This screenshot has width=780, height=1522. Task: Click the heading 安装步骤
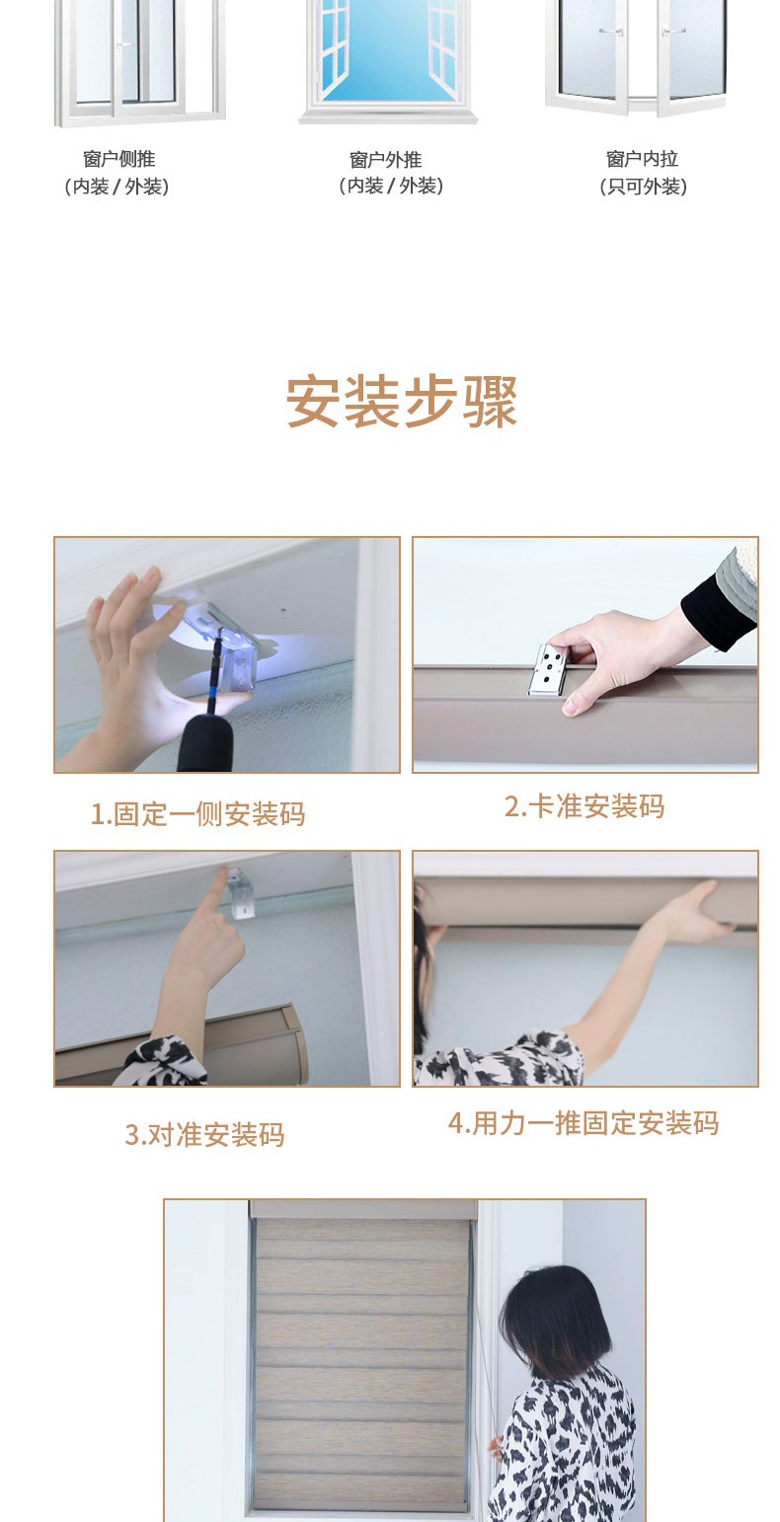point(402,402)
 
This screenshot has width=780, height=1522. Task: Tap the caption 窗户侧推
point(118,159)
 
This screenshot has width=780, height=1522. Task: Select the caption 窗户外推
point(385,160)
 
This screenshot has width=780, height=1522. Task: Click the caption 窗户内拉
point(642,159)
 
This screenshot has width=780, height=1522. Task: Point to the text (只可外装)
point(643,187)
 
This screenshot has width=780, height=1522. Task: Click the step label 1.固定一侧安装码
point(197,814)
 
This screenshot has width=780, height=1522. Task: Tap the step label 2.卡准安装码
point(585,805)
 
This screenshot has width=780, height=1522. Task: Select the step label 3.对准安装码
point(204,1135)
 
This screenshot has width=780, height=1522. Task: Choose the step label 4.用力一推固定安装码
point(583,1123)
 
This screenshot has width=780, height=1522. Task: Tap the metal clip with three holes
point(548,669)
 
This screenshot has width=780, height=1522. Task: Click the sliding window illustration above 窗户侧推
point(139,62)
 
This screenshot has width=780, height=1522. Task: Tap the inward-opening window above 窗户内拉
point(636,58)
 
